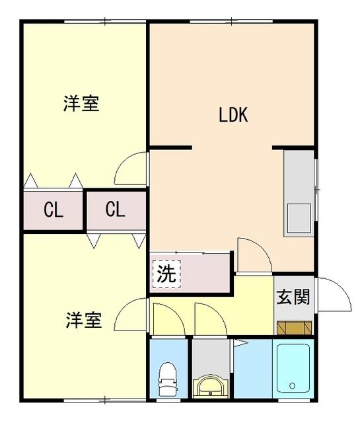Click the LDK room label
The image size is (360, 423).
tap(233, 115)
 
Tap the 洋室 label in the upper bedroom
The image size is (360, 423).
tap(81, 104)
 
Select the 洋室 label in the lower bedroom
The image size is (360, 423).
tap(83, 321)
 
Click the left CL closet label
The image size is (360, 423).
tap(54, 210)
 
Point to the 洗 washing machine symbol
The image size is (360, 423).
tap(165, 274)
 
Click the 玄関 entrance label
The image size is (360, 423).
tap(293, 297)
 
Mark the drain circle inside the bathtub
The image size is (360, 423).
tap(292, 386)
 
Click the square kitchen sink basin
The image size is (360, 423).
tap(298, 216)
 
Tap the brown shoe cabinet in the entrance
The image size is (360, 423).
tap(293, 327)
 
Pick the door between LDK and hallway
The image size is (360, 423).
tap(253, 254)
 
